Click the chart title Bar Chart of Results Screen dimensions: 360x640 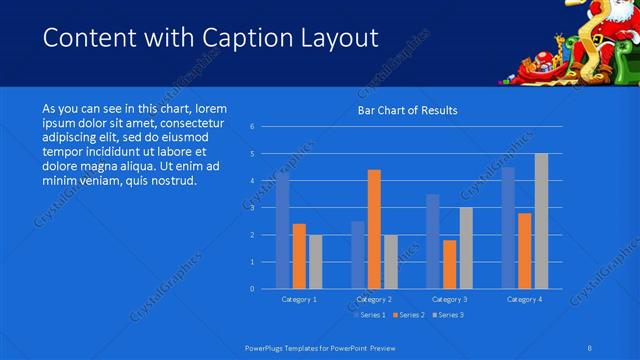[408, 110]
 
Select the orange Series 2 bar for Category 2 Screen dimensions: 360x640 [374, 229]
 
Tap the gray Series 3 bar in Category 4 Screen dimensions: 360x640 [541, 221]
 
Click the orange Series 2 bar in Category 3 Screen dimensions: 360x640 [449, 264]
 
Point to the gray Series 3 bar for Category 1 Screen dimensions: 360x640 [315, 261]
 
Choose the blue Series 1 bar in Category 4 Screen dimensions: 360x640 [508, 228]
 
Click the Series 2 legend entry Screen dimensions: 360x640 [406, 315]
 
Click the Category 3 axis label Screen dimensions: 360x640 [449, 299]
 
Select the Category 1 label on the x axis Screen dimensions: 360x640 [299, 299]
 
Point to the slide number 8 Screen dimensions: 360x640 [590, 346]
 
